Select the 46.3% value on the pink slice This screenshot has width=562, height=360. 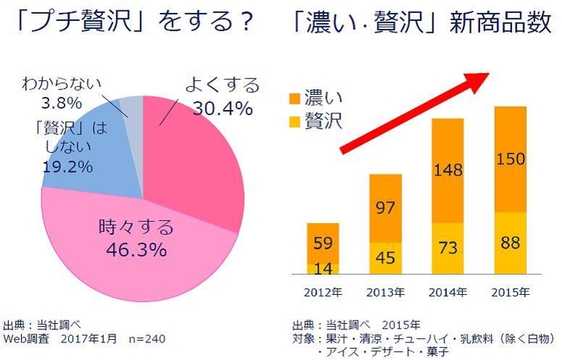pos(132,247)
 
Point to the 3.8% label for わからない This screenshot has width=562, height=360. pos(62,103)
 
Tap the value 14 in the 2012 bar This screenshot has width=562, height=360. pos(321,268)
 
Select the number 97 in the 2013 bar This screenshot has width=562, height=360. pos(385,209)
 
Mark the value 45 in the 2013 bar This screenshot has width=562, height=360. pos(385,257)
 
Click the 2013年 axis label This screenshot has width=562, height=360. pos(385,290)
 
